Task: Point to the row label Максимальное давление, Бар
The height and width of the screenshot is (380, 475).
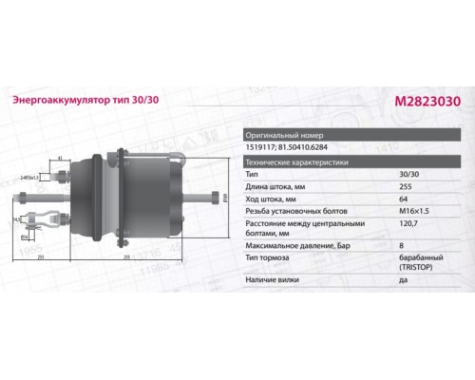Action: [295, 246]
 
